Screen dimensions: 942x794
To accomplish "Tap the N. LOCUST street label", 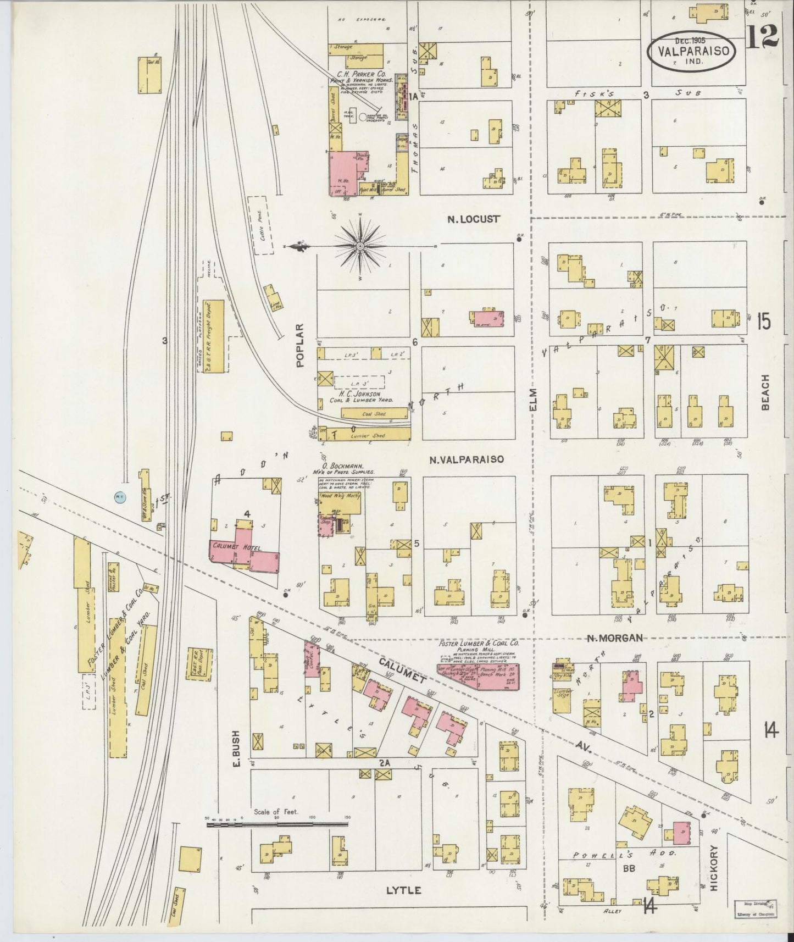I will pos(473,219).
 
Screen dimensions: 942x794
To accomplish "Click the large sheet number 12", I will pos(763,37).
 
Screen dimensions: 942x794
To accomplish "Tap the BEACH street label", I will pos(765,392).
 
